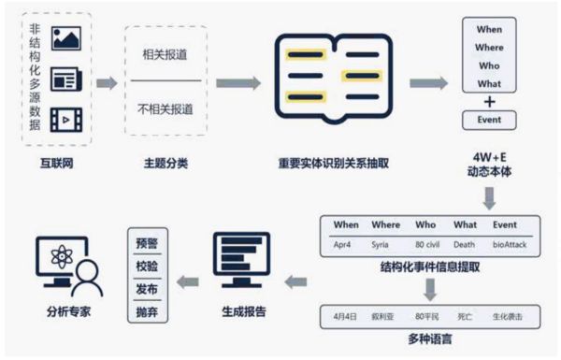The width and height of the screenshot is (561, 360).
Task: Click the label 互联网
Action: [56, 163]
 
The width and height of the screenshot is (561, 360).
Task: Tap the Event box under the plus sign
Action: [489, 121]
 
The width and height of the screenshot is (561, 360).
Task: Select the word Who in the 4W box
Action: [489, 66]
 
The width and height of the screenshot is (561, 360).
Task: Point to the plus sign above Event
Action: [489, 102]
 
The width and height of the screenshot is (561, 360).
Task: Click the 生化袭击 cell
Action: [511, 317]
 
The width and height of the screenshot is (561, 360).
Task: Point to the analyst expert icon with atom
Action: [65, 266]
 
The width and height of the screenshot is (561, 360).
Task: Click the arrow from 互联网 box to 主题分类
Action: [106, 82]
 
